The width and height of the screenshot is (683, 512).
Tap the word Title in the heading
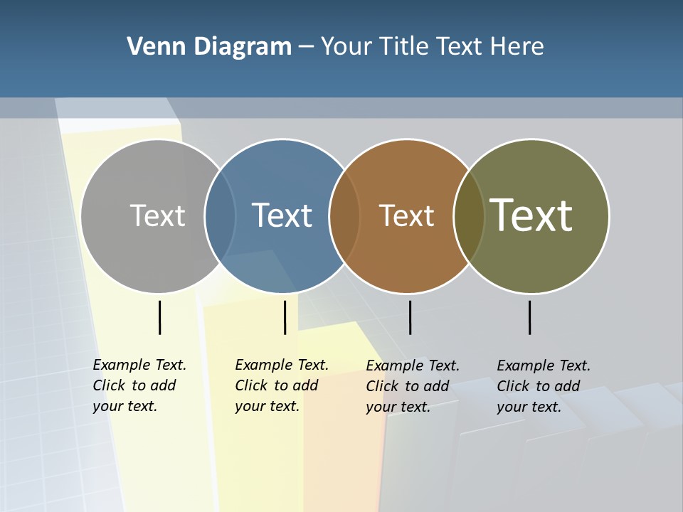pyautogui.click(x=403, y=47)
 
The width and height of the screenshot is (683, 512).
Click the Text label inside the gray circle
pyautogui.click(x=157, y=215)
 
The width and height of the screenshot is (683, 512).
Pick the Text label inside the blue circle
pyautogui.click(x=282, y=215)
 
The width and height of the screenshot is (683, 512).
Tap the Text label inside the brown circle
pyautogui.click(x=406, y=215)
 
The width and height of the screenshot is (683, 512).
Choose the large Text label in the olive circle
pyautogui.click(x=531, y=215)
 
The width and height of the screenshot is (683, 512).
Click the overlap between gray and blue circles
pyautogui.click(x=220, y=215)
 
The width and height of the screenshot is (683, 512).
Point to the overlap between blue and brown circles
pyautogui.click(x=344, y=215)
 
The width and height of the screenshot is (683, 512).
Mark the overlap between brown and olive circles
pyautogui.click(x=469, y=215)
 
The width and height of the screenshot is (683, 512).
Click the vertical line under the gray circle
pyautogui.click(x=159, y=317)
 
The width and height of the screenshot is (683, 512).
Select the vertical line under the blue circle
pyautogui.click(x=285, y=317)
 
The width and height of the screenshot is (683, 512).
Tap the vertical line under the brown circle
pyautogui.click(x=410, y=317)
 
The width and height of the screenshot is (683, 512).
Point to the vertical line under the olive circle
pyautogui.click(x=529, y=317)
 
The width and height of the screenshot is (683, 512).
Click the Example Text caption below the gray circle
pyautogui.click(x=139, y=385)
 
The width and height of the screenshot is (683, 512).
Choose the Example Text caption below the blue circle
pyautogui.click(x=282, y=385)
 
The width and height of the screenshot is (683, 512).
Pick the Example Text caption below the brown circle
pyautogui.click(x=413, y=386)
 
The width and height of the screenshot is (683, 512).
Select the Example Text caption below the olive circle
pyautogui.click(x=544, y=386)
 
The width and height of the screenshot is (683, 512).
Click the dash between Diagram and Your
pyautogui.click(x=305, y=48)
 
